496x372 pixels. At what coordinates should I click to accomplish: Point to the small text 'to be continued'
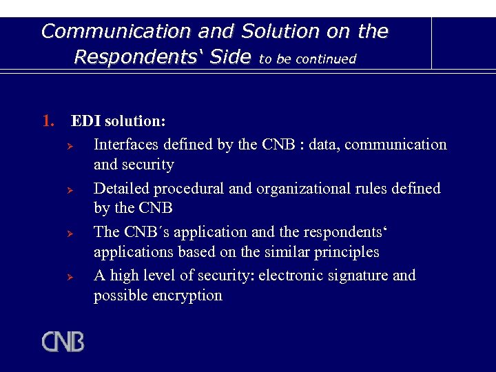tap(307, 59)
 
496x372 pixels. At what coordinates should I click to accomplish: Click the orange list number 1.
tap(48, 121)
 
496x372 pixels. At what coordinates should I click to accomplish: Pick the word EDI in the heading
tap(85, 121)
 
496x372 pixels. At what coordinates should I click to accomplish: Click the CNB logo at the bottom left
tap(63, 342)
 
